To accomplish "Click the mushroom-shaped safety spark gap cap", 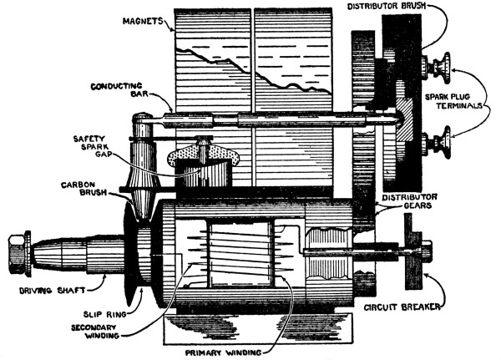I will [201, 155].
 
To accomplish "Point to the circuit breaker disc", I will [412, 248].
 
